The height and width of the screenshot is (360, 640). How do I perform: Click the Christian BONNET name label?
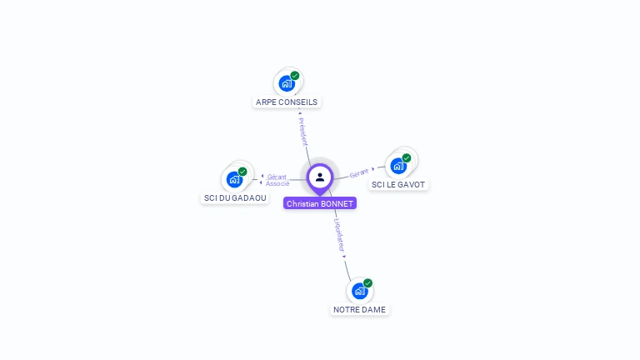(x=319, y=203)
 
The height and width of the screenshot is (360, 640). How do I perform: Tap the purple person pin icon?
(x=320, y=177)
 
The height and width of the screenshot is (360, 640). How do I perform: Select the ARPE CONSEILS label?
(x=287, y=102)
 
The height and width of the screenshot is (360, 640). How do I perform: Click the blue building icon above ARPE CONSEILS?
(x=287, y=83)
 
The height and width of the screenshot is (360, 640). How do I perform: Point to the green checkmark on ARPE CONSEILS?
(x=295, y=76)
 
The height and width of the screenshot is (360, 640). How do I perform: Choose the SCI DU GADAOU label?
(x=235, y=197)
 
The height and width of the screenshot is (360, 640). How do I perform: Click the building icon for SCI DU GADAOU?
(x=234, y=179)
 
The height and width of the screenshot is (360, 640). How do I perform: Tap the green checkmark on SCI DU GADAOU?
(x=242, y=172)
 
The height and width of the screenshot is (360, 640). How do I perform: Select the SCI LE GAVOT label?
(x=398, y=184)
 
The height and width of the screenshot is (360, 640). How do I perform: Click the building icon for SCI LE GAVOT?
(x=398, y=166)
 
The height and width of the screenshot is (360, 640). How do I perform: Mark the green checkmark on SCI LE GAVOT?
(x=407, y=158)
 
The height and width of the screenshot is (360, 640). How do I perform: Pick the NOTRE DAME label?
(x=359, y=309)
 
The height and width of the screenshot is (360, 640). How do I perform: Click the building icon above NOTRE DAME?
(x=359, y=291)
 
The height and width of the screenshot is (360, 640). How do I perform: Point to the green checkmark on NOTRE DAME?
(x=367, y=283)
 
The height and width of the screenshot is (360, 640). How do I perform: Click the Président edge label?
(x=302, y=131)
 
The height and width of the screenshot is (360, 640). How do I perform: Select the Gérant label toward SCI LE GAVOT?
(x=359, y=172)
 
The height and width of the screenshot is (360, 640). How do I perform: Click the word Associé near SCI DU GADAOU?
(x=277, y=183)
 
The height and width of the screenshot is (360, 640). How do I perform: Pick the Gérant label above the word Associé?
(x=277, y=177)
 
